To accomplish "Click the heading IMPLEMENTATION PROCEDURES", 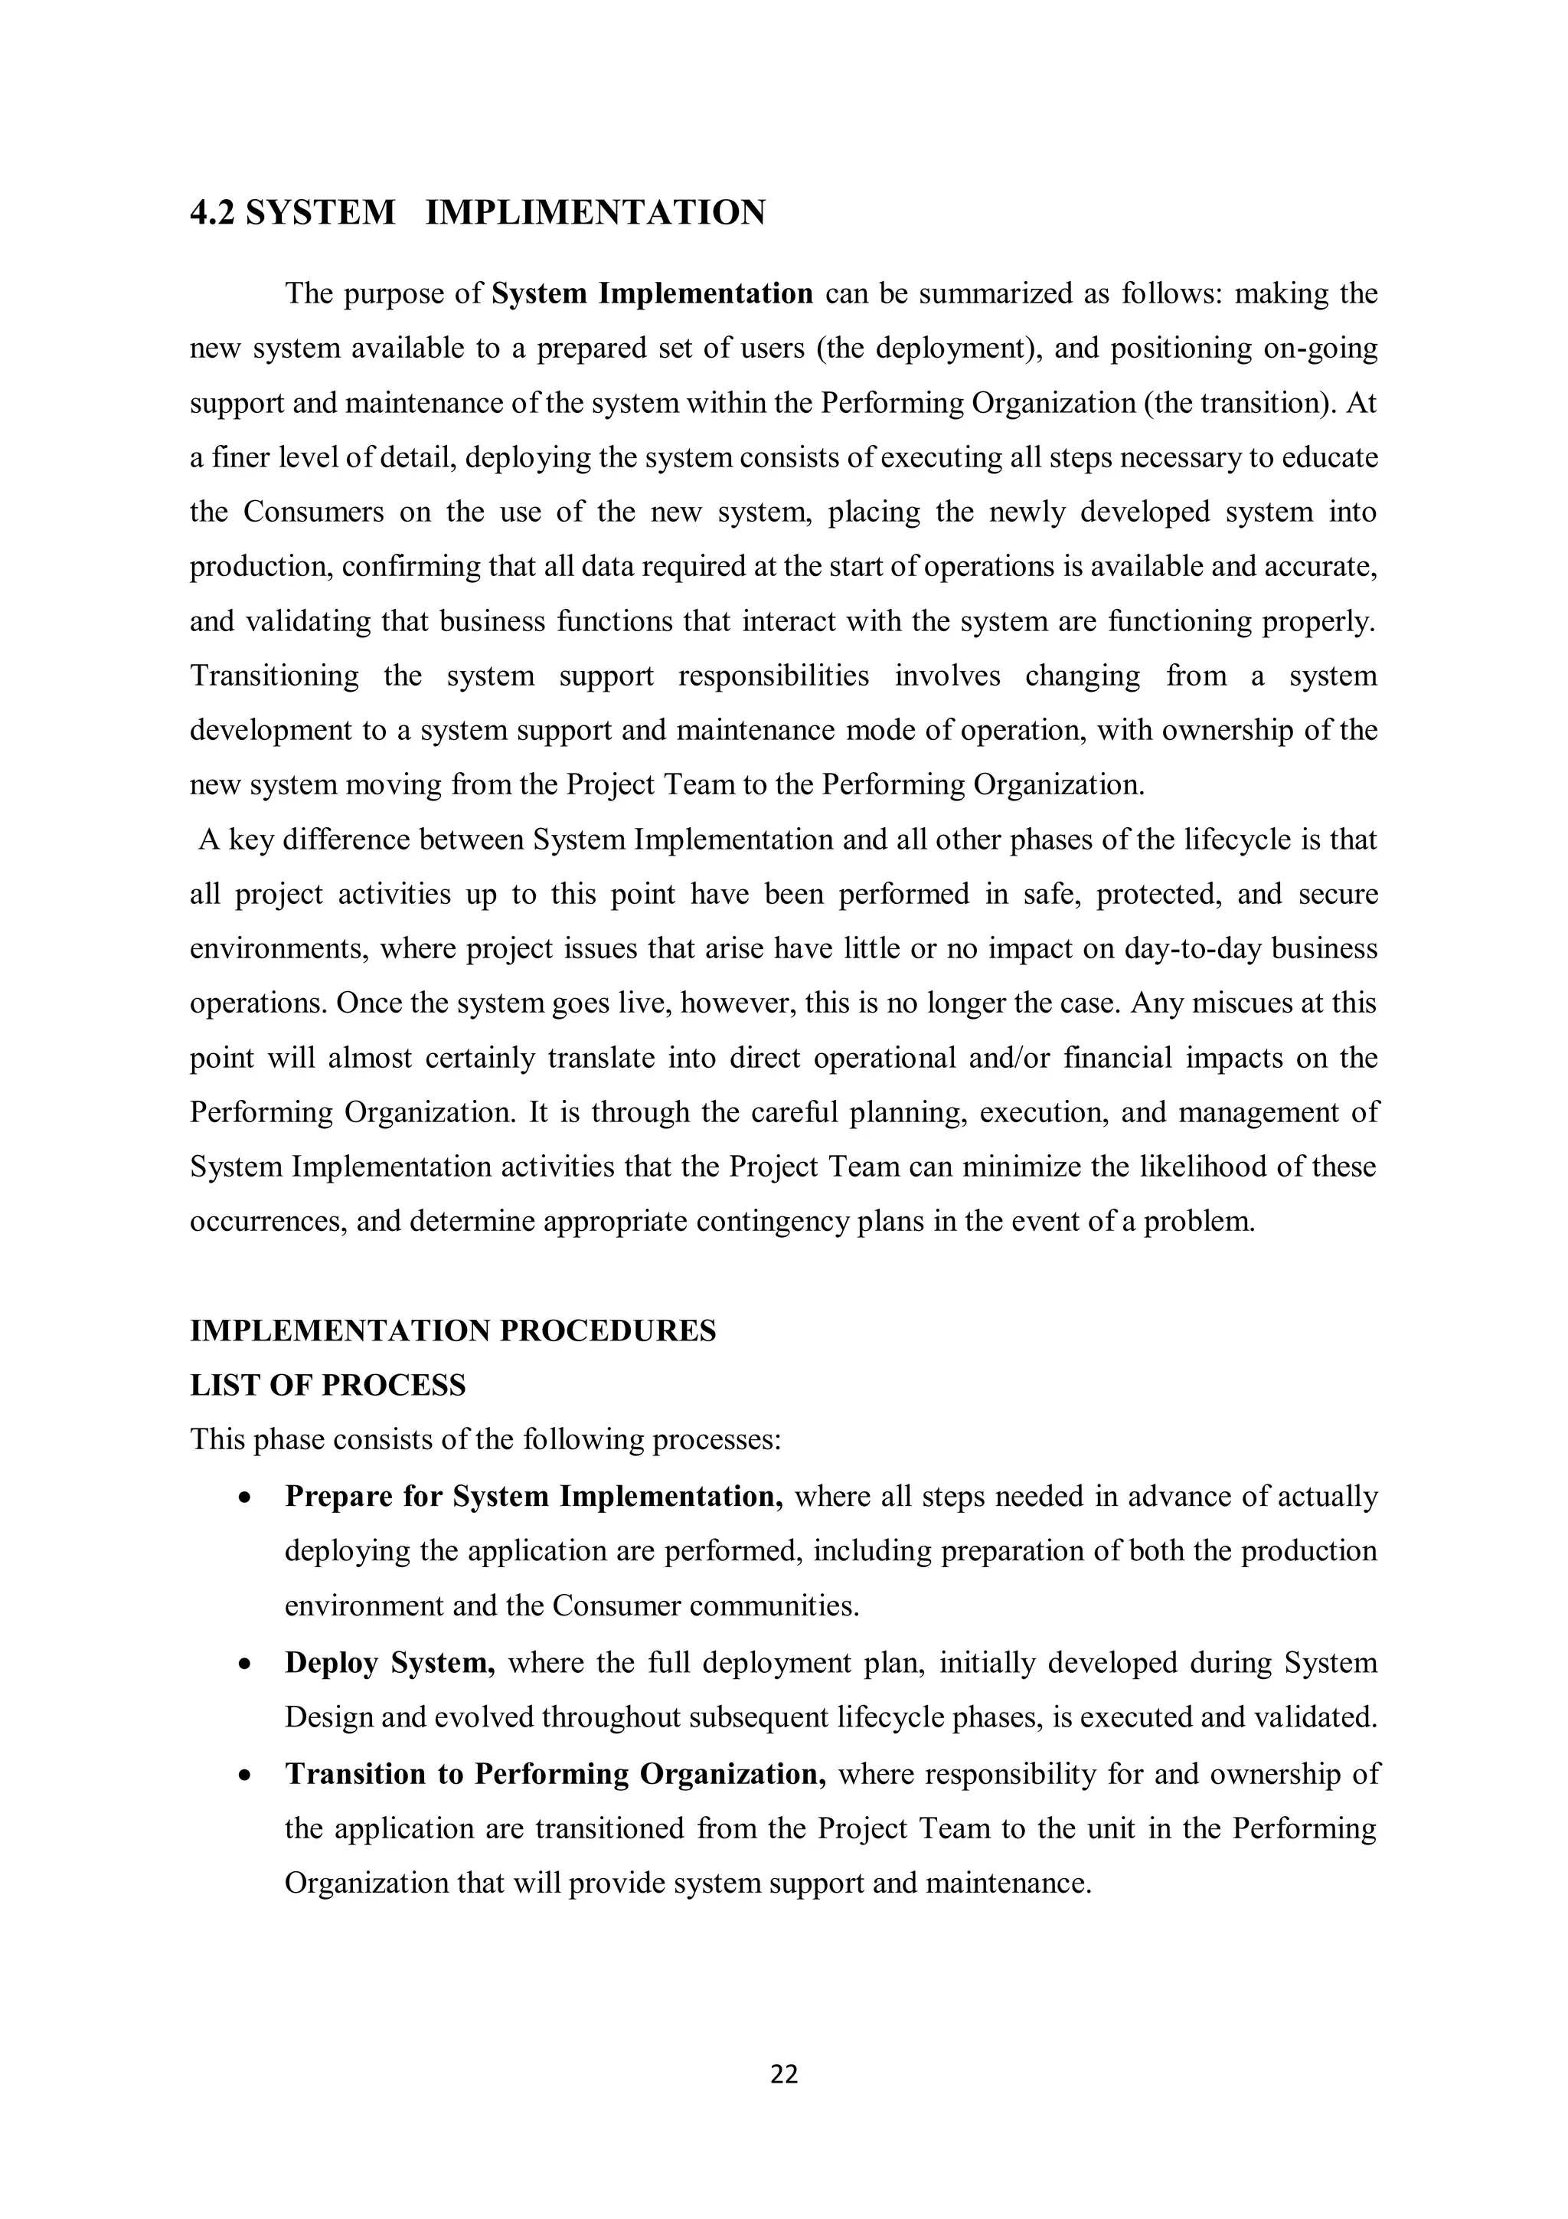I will (453, 1330).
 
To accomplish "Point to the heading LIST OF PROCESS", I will (328, 1385).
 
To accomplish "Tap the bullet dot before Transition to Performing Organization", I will (246, 1776).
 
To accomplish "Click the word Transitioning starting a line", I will (273, 675).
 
